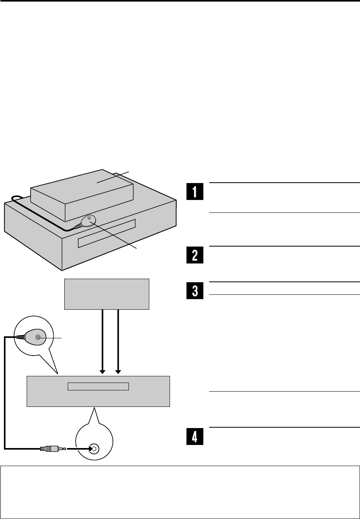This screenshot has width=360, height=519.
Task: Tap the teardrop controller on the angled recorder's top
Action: point(87,222)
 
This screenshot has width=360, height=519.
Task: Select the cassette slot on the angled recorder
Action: point(107,234)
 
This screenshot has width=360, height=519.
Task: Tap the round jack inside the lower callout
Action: point(94,448)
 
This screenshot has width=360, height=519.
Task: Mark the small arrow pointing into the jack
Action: point(80,448)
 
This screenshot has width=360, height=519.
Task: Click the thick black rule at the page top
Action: point(180,2)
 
